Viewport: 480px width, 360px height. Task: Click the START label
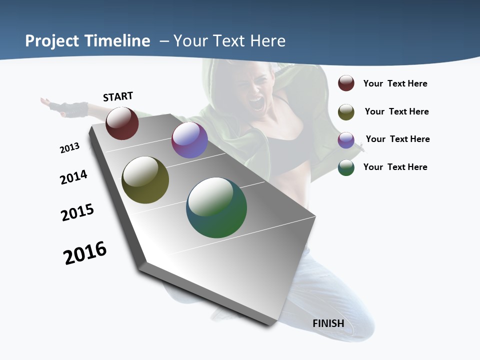(x=118, y=96)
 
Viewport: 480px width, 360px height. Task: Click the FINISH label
(x=328, y=323)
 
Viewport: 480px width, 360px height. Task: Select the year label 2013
(x=69, y=147)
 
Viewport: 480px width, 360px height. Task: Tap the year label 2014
(x=73, y=177)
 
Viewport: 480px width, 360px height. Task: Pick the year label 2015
(x=77, y=212)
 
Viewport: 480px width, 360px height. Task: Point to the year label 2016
(x=85, y=252)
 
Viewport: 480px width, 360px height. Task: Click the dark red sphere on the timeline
(x=122, y=123)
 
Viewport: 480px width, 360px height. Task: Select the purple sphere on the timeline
(x=189, y=140)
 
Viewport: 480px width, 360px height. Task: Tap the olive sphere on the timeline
(x=145, y=180)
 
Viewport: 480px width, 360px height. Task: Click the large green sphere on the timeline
(x=216, y=207)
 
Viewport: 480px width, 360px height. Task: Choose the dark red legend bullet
(x=346, y=83)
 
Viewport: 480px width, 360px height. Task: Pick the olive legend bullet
(x=346, y=111)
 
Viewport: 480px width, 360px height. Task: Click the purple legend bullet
(x=346, y=139)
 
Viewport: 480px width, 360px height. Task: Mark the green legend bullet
(x=346, y=167)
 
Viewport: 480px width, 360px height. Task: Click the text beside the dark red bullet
(x=395, y=83)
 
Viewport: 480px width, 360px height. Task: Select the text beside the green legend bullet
(x=395, y=167)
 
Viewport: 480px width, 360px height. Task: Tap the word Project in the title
(x=52, y=41)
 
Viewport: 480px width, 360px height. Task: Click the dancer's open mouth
(x=255, y=103)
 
